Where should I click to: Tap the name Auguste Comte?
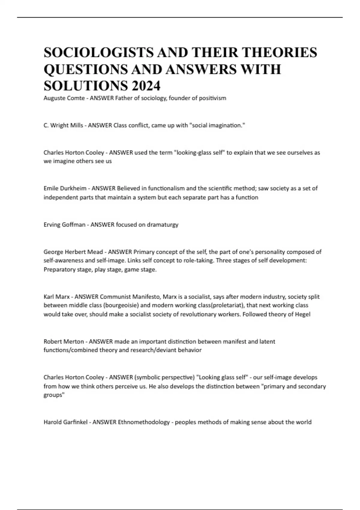pyautogui.click(x=64, y=98)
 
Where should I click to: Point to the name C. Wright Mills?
pyautogui.click(x=63, y=125)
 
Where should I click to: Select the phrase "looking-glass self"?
pyautogui.click(x=199, y=152)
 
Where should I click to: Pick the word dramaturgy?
pyautogui.click(x=162, y=224)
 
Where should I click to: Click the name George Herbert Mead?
pyautogui.click(x=73, y=252)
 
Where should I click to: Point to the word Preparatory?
pyautogui.click(x=58, y=269)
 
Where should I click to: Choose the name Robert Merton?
pyautogui.click(x=64, y=341)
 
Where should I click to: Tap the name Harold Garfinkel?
pyautogui.click(x=65, y=422)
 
